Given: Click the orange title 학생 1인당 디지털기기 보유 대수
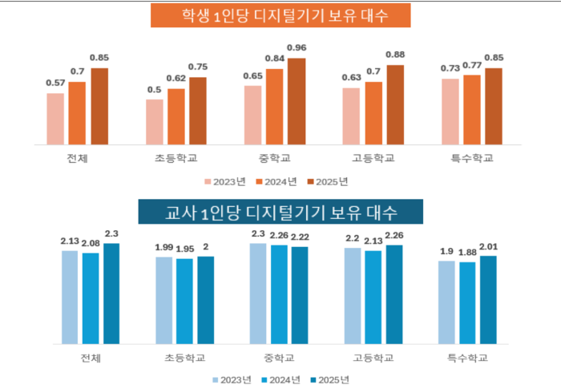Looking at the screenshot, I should pos(280,15).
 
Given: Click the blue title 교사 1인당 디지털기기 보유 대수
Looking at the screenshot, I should pos(280,213).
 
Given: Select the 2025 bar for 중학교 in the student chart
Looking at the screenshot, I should pos(297,102).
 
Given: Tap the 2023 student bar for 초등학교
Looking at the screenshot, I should pos(155,123).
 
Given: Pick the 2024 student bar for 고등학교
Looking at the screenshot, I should pos(373,113).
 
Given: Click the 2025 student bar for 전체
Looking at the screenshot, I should pos(99,107).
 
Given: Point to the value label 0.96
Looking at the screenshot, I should pos(297,48).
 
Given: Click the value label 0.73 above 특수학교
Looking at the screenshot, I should pos(450,68).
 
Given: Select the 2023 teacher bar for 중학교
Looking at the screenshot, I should pos(258,294).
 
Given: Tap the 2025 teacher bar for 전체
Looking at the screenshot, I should pos(111,294).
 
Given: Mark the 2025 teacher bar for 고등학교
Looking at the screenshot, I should pos(394,294).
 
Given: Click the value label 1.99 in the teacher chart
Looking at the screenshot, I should pos(164,246).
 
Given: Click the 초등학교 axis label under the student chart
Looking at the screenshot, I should pos(176,158).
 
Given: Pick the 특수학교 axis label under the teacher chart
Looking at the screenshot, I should pos(467,357).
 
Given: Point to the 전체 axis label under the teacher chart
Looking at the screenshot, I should pos(91,357).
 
